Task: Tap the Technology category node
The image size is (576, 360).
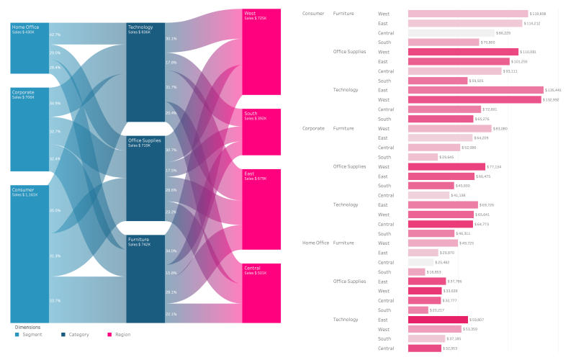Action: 145,72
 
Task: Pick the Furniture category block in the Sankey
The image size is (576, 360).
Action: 145,277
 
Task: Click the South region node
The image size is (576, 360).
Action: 261,132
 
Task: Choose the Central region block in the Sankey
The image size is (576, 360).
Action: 261,292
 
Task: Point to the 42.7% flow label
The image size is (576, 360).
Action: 55,35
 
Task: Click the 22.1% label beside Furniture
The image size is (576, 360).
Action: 171,314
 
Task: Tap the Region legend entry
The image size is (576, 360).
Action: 122,334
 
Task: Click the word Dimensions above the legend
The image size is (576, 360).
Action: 28,327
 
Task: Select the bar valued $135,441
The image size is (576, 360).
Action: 475,90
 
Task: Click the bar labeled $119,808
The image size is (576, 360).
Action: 467,14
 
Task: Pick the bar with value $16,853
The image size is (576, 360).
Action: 416,272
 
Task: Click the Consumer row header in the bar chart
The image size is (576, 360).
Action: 313,14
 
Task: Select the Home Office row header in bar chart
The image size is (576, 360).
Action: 315,243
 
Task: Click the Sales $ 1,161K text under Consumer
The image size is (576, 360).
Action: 26,194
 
